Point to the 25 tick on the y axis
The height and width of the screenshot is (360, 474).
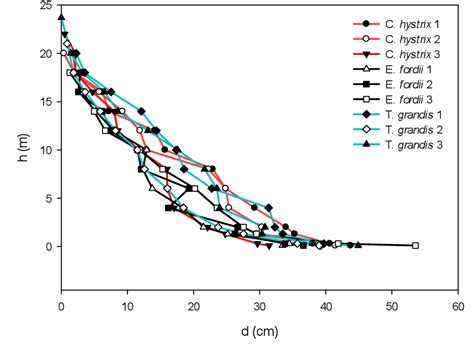click(x=47, y=6)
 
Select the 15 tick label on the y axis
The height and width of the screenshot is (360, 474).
click(x=47, y=102)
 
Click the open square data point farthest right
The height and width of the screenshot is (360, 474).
click(x=416, y=245)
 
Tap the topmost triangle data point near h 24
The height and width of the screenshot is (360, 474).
click(x=62, y=17)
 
